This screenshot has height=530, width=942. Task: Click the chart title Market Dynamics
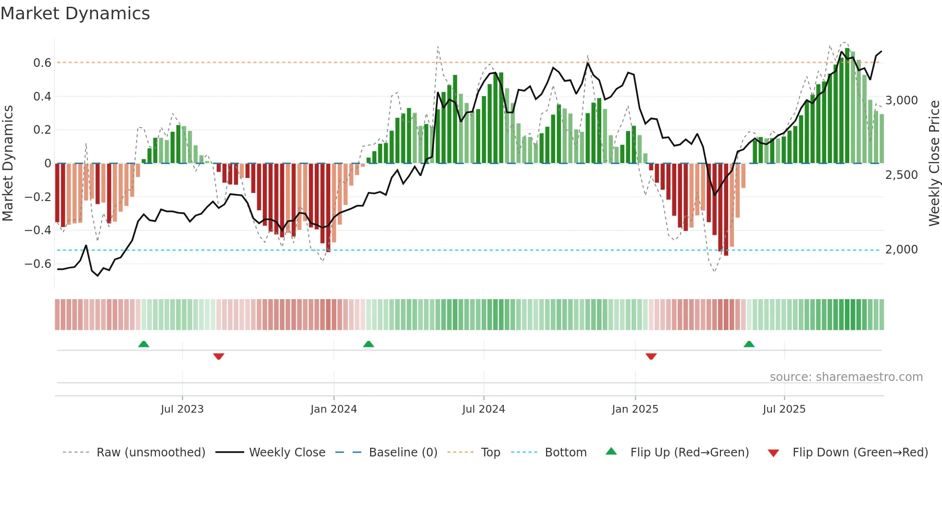tap(75, 13)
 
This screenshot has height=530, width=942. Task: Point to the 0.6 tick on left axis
tap(42, 63)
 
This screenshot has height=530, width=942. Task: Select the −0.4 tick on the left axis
tap(38, 230)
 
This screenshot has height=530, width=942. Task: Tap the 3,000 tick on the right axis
tap(901, 101)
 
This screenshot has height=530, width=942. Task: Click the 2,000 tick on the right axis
tap(901, 250)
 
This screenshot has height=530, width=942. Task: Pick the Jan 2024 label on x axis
tap(334, 409)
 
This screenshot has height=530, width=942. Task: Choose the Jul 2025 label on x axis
tap(784, 409)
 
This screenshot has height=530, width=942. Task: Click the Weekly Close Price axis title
tap(934, 163)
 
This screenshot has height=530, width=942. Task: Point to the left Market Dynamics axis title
tap(8, 163)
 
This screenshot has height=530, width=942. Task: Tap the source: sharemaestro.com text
tap(846, 377)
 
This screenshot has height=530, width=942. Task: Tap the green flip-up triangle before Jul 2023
tap(144, 344)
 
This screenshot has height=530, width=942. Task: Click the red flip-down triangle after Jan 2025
tap(651, 356)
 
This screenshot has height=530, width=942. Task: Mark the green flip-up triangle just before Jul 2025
tap(749, 344)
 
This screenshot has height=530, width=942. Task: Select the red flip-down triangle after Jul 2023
tap(219, 356)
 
